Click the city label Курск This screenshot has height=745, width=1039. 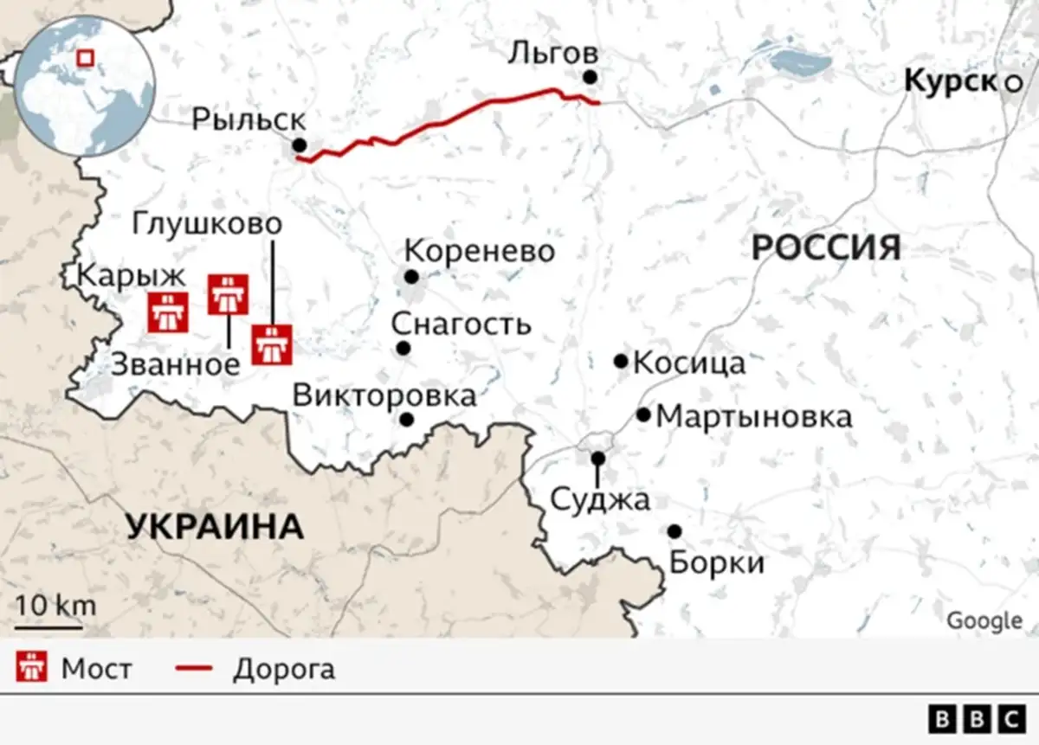(x=950, y=81)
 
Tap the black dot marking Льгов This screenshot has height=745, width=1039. (x=590, y=77)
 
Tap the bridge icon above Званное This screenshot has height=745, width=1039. (x=229, y=294)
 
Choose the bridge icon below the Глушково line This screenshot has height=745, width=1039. (x=273, y=344)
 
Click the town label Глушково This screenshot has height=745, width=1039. (x=208, y=224)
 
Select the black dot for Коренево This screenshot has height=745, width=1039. (x=411, y=277)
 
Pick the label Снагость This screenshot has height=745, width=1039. (x=460, y=324)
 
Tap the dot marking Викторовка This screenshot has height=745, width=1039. (x=406, y=420)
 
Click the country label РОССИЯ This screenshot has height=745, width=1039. (x=825, y=248)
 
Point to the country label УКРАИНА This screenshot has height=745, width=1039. (x=215, y=526)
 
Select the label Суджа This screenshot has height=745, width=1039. (x=599, y=499)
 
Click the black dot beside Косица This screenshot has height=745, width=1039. (x=621, y=361)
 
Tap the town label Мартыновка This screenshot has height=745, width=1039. (x=754, y=417)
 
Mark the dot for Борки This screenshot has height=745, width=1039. (x=674, y=530)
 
